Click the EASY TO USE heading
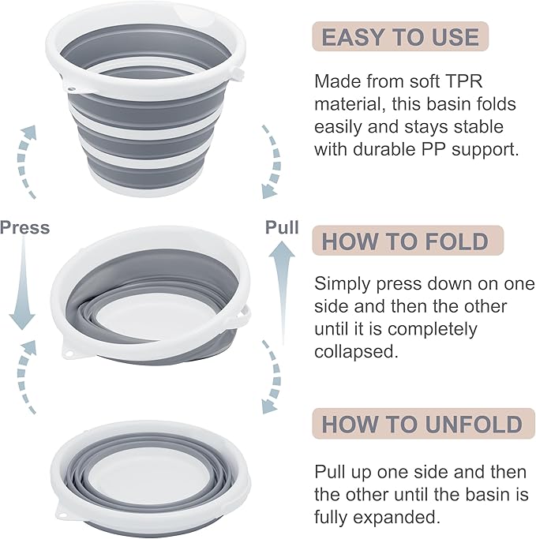coord(400,37)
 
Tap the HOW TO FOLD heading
coord(405,241)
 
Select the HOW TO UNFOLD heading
coord(422,425)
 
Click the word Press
coord(24,227)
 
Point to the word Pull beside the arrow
coord(282,227)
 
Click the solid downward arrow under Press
coord(22,283)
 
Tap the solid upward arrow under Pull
coord(282,292)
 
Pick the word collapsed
coord(356,351)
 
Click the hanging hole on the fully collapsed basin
coord(63,515)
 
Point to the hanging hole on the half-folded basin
coord(70,354)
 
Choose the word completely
coord(433,329)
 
